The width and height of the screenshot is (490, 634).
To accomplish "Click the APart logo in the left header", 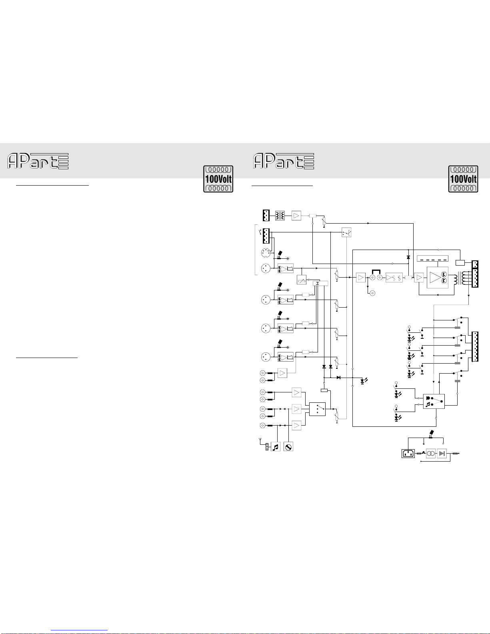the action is tap(38, 161).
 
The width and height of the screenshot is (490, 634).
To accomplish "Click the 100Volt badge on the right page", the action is tap(463, 179).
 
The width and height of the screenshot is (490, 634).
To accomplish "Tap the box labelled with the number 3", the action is tap(320, 283).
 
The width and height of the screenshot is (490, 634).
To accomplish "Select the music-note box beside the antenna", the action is tap(276, 447).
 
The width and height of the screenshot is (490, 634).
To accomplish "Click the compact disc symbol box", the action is tap(288, 447).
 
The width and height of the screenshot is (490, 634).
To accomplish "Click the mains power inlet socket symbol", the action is tap(408, 453).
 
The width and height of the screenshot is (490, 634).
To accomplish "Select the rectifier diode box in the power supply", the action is tap(442, 453).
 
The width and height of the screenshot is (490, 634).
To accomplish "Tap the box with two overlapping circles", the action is tap(431, 453).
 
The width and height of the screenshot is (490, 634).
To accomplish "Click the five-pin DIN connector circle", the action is tap(266, 253).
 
